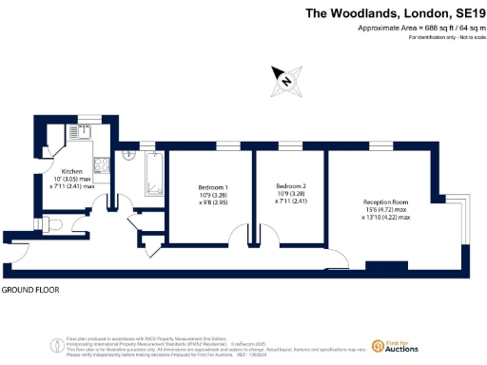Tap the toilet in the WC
point(53,222)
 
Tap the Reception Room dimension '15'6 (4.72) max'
point(386,210)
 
